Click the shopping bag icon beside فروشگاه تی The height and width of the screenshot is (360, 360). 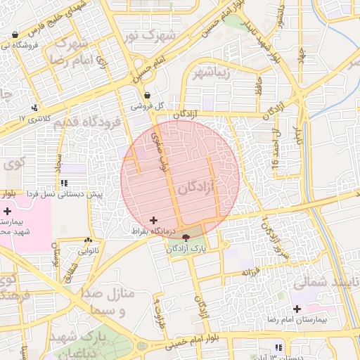(x=15, y=34)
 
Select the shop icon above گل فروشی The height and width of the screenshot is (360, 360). (x=147, y=96)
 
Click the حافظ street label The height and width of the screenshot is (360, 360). (x=259, y=88)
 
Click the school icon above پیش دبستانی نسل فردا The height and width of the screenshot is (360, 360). (x=65, y=184)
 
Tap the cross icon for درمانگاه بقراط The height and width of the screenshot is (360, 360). (x=154, y=221)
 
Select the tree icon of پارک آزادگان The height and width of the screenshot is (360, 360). (x=186, y=238)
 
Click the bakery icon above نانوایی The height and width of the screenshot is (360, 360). (x=89, y=240)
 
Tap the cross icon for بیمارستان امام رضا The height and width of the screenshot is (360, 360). (x=297, y=309)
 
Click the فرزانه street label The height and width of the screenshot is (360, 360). (x=250, y=271)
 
